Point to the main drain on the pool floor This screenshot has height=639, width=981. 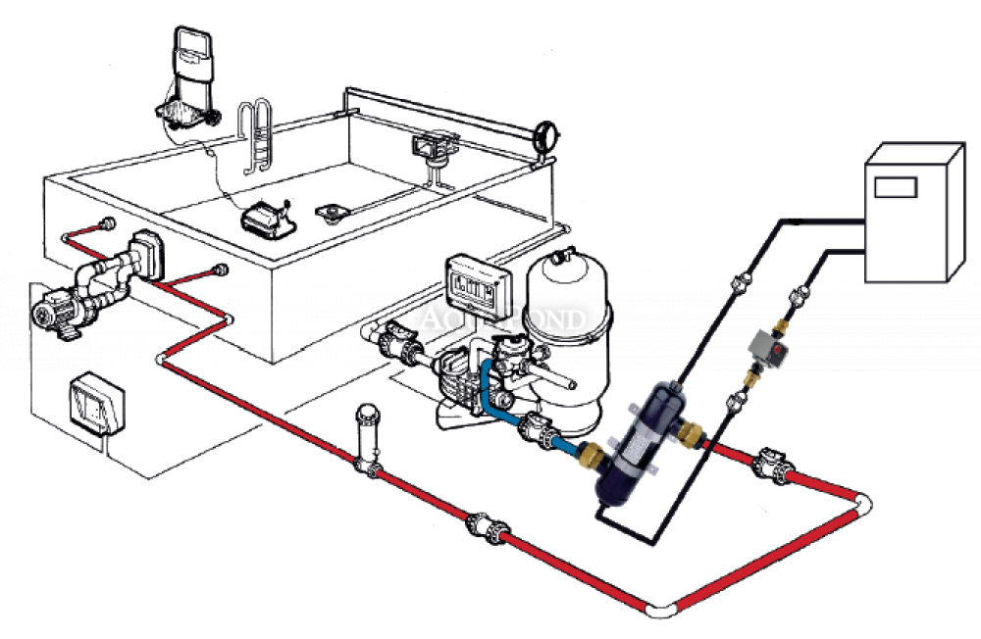point(331,211)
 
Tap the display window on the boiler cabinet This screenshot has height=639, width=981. point(895,185)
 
